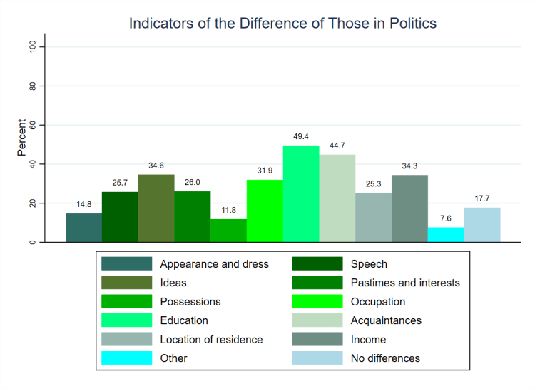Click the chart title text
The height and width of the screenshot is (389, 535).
(x=282, y=24)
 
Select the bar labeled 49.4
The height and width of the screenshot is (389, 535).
(x=301, y=193)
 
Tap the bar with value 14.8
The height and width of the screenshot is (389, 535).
(x=83, y=228)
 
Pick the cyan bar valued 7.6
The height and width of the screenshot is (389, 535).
(x=446, y=235)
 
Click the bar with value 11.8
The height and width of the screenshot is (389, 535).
(x=228, y=231)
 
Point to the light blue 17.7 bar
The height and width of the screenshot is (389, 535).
(x=482, y=225)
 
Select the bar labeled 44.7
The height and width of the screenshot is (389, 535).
(x=337, y=198)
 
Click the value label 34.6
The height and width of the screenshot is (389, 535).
(x=156, y=166)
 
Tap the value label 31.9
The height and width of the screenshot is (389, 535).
(x=265, y=171)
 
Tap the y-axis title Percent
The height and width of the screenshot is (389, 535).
(x=22, y=138)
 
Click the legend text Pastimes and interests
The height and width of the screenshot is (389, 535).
(x=405, y=283)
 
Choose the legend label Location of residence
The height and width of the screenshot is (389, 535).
(x=211, y=340)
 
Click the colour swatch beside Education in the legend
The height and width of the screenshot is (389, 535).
(x=126, y=320)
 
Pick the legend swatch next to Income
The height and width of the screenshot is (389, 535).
(x=317, y=340)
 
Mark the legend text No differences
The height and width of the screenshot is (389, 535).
(x=385, y=358)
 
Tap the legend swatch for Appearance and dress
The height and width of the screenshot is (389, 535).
(x=126, y=264)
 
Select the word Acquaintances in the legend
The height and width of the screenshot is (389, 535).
(x=386, y=320)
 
